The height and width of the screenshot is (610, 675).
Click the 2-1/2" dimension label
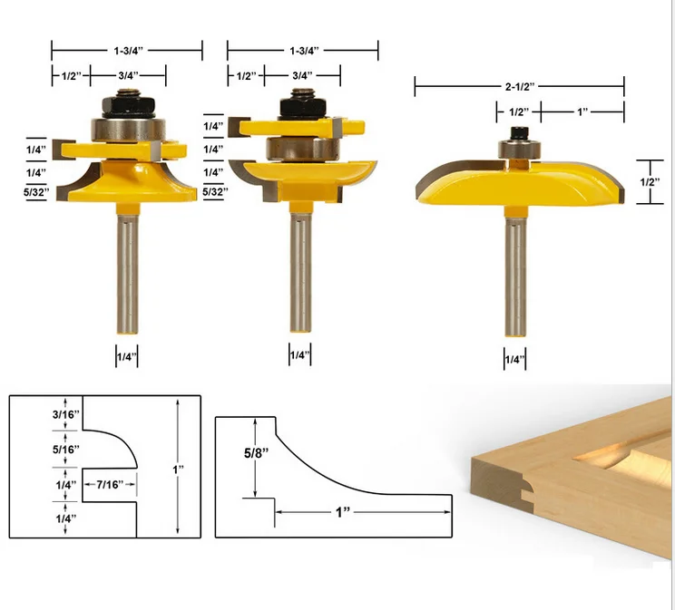[519, 86]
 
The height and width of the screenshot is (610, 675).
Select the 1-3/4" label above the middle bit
[302, 52]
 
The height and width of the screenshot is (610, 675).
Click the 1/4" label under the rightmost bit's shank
[514, 359]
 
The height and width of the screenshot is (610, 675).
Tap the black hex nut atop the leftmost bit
[126, 103]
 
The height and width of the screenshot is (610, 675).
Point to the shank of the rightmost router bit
[514, 272]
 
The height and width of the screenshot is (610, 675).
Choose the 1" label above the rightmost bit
[582, 111]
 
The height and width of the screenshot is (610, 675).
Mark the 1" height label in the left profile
[179, 469]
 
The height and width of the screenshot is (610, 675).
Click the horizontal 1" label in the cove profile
[343, 512]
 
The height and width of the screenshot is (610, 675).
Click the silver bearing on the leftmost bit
[126, 128]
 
